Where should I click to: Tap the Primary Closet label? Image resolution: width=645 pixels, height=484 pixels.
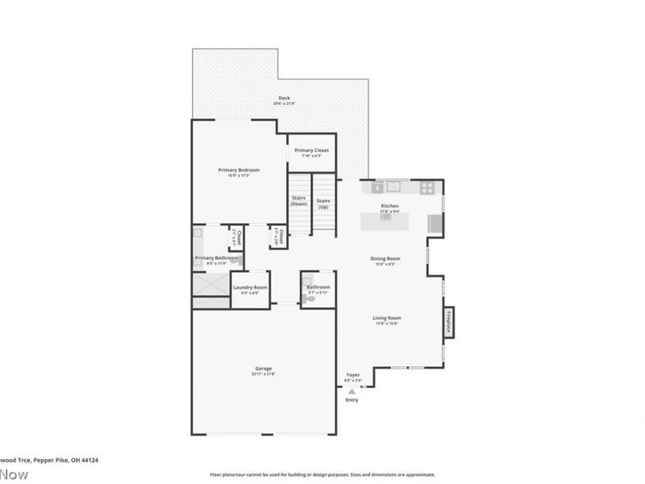(x=311, y=150)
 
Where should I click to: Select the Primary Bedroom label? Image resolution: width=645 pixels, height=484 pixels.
(x=239, y=170)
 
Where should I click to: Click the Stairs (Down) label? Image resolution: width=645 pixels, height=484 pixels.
(x=299, y=200)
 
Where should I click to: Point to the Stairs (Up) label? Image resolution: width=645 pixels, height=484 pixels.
(x=323, y=203)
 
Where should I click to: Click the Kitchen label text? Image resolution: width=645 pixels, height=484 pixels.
(x=390, y=207)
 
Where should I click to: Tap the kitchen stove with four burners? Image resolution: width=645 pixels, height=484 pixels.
(x=427, y=188)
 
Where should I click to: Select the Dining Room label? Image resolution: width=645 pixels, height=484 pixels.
(x=385, y=259)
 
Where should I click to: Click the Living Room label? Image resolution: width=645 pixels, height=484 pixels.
(x=387, y=318)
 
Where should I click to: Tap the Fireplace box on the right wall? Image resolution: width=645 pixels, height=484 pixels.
(x=449, y=320)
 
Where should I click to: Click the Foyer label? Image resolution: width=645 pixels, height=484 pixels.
(x=353, y=375)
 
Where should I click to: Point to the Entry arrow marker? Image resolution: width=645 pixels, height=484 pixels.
(x=352, y=390)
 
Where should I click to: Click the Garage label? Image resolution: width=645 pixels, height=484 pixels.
(x=263, y=369)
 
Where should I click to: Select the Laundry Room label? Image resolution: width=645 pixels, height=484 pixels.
(x=250, y=288)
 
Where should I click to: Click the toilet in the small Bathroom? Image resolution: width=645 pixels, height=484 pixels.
(x=309, y=299)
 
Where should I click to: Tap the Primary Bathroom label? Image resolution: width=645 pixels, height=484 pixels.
(x=216, y=258)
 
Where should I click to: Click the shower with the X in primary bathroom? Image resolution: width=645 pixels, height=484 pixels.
(x=210, y=285)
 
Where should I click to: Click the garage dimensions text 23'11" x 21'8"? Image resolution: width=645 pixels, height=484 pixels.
(x=263, y=374)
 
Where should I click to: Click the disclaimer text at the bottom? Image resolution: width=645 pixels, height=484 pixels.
(x=322, y=474)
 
